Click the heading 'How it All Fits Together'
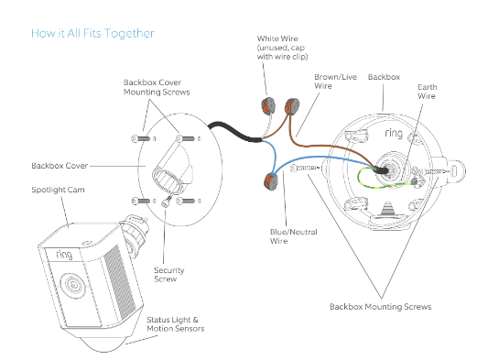point(92,33)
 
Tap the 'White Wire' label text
point(277,38)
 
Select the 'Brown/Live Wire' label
point(335,82)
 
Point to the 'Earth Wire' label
point(428,92)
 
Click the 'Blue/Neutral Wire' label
point(294,236)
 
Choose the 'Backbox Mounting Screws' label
point(380,307)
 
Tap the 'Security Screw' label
point(169,275)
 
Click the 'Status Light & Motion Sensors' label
point(176,324)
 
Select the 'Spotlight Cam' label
point(58,190)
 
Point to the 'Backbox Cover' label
point(60,166)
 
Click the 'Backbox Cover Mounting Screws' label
point(157,87)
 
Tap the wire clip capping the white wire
point(268,106)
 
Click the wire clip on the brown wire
point(291,105)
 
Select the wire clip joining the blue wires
point(271,181)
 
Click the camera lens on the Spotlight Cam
point(73,285)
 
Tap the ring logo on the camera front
point(64,254)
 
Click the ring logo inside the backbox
point(394,133)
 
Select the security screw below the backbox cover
point(168,202)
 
